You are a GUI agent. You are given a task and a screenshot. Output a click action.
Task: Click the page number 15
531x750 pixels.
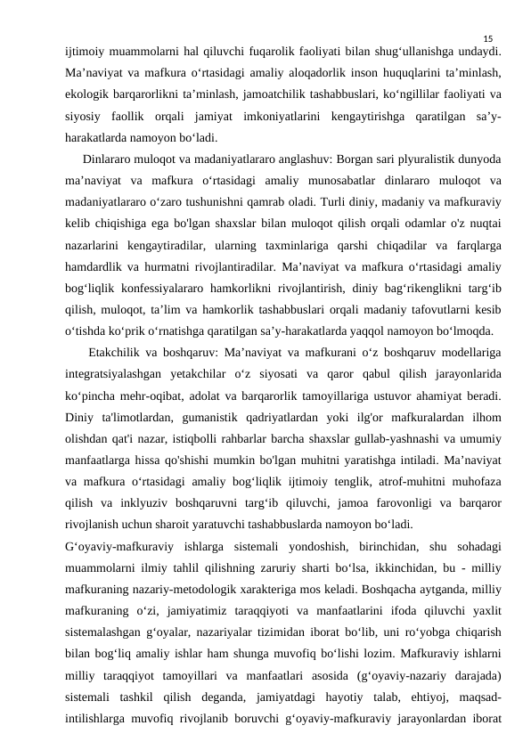[487, 39]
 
